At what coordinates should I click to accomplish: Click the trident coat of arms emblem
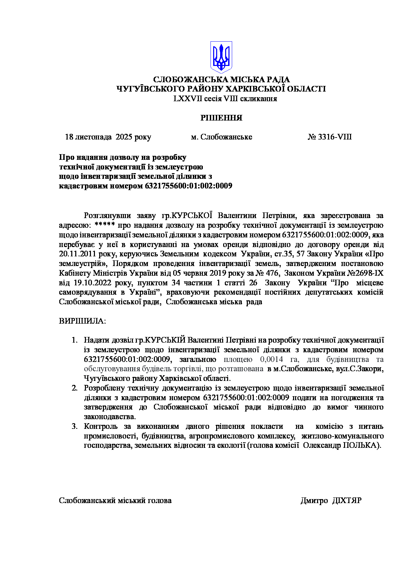221,57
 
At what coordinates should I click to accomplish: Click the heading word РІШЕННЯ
221,118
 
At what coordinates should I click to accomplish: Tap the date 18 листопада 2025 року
108,137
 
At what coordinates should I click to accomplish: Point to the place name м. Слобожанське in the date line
221,137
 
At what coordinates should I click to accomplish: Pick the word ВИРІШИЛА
82,321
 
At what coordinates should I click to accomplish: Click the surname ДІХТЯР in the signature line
347,500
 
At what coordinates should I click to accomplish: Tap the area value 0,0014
271,359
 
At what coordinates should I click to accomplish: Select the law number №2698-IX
366,273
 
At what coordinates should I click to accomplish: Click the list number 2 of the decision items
75,388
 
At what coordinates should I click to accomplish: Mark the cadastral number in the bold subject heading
189,186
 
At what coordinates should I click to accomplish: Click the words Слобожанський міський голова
115,500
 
